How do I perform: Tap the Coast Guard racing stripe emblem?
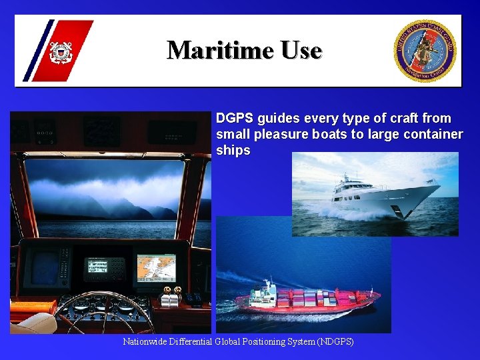pyautogui.click(x=59, y=51)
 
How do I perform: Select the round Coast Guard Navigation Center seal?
pyautogui.click(x=425, y=51)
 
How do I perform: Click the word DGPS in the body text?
pyautogui.click(x=235, y=119)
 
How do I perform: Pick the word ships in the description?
pyautogui.click(x=233, y=151)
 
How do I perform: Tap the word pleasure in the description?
pyautogui.click(x=281, y=135)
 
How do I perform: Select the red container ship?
pyautogui.click(x=307, y=301)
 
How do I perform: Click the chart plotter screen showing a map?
pyautogui.click(x=156, y=267)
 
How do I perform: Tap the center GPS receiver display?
pyautogui.click(x=104, y=268)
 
